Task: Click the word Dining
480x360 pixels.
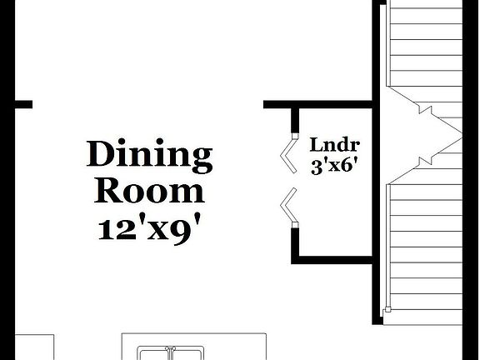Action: [150, 155]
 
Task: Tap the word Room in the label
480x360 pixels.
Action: [150, 191]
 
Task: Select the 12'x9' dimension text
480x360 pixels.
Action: [150, 227]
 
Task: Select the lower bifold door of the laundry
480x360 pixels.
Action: [287, 206]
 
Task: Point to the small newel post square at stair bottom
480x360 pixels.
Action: [387, 312]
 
